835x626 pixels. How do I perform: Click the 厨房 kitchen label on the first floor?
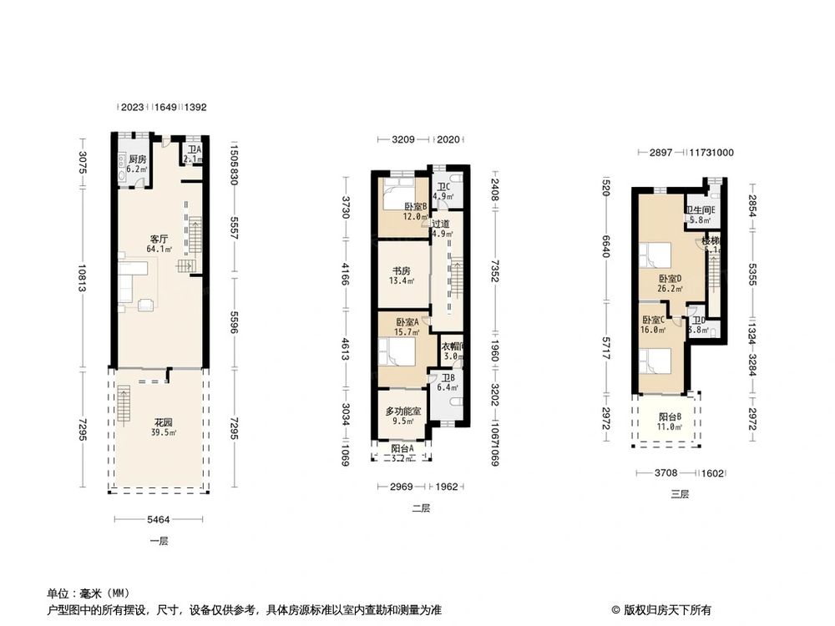click(137, 159)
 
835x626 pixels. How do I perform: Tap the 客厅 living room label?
click(159, 239)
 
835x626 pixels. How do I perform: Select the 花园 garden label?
click(162, 422)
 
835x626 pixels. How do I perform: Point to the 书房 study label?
click(402, 271)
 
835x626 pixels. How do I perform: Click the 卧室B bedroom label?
click(415, 206)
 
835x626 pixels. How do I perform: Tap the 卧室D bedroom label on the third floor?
click(670, 279)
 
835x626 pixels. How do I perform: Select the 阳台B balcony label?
click(670, 416)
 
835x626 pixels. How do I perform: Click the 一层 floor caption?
click(159, 541)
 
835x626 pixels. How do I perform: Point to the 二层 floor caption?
click(421, 508)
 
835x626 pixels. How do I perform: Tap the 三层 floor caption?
click(681, 494)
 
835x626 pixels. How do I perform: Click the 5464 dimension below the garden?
click(159, 520)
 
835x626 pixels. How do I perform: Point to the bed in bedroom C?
click(657, 361)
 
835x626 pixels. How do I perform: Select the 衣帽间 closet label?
click(452, 346)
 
